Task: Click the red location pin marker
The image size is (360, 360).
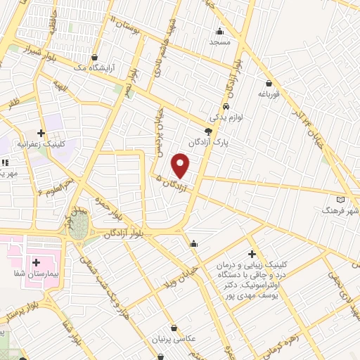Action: click(181, 165)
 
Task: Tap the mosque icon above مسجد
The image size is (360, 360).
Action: click(220, 30)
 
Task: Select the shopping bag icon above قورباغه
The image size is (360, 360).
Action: click(268, 82)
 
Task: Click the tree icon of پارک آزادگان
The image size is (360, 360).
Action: click(208, 131)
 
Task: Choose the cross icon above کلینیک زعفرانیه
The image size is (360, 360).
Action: click(41, 132)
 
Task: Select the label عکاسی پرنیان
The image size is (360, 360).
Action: click(171, 339)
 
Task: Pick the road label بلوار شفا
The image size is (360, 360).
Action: click(67, 329)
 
